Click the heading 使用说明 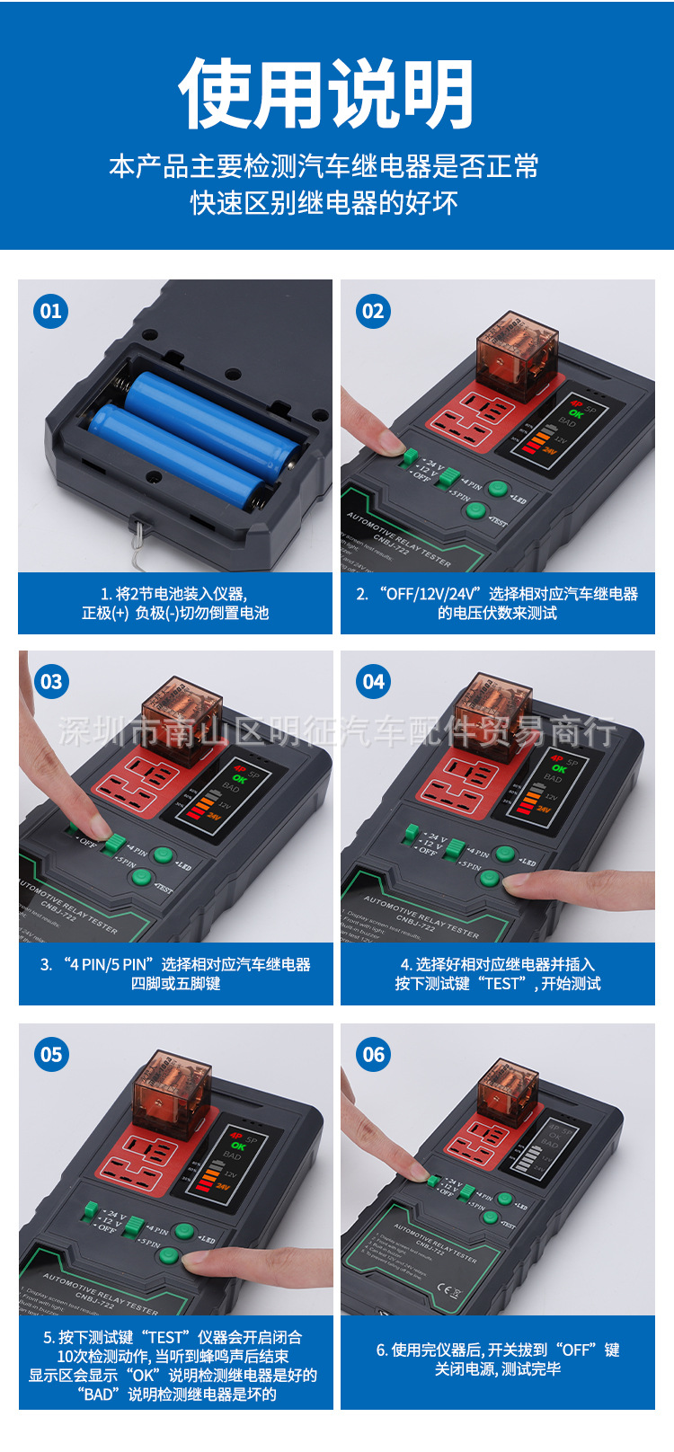(x=326, y=94)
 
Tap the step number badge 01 (x=51, y=312)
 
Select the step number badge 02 (x=374, y=312)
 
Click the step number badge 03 (x=51, y=682)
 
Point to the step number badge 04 (x=374, y=682)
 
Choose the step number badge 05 (x=51, y=1054)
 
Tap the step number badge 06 (x=374, y=1054)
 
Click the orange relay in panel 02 (x=517, y=351)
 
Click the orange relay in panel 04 (x=493, y=711)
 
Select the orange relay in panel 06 (x=508, y=1091)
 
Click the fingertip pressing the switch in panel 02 (x=392, y=442)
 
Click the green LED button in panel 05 (x=184, y=1231)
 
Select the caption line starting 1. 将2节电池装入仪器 (x=174, y=594)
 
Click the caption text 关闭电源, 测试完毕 (x=498, y=1368)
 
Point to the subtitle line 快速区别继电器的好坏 (x=324, y=202)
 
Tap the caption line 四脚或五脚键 (x=176, y=983)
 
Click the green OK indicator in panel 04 (x=559, y=769)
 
